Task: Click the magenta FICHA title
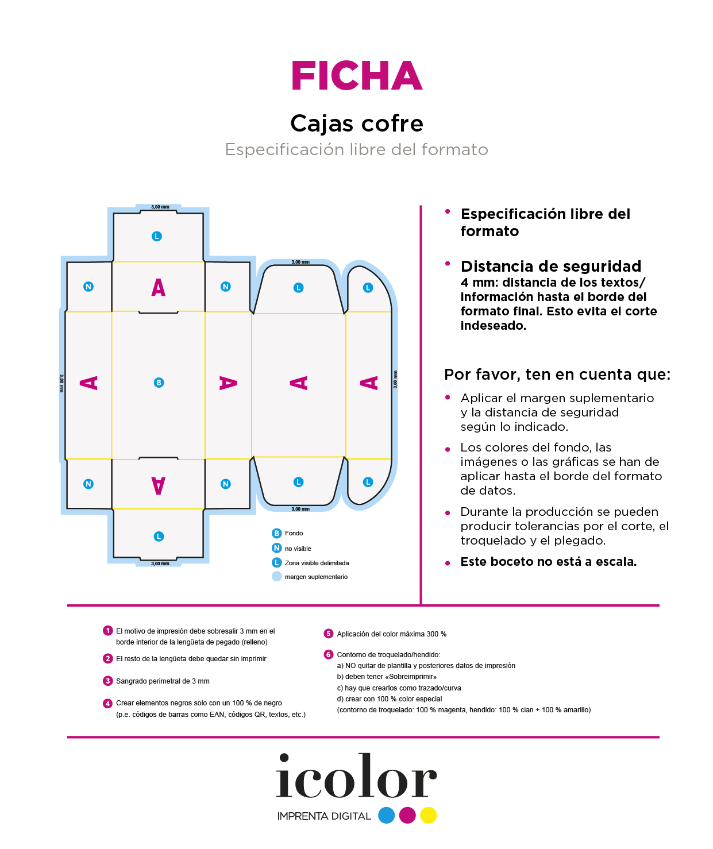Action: (357, 76)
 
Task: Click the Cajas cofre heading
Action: (357, 124)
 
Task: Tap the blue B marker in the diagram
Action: (159, 383)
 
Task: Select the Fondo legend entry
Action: (294, 533)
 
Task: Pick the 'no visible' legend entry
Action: (298, 549)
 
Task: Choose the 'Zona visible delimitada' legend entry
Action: (317, 563)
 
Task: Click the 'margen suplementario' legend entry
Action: (316, 577)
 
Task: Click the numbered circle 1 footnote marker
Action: (107, 631)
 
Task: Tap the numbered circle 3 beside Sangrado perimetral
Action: (107, 681)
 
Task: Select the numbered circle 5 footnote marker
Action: (329, 634)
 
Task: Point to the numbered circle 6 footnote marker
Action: (329, 654)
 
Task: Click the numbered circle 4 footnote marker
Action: (107, 703)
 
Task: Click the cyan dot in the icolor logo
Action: (387, 815)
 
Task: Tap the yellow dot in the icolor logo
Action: (429, 815)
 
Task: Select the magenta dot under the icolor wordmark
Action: (407, 815)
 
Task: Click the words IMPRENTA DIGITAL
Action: (324, 816)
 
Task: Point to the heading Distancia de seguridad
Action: (551, 267)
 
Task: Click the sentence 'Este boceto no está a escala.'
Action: (549, 562)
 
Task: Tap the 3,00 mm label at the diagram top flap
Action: (160, 207)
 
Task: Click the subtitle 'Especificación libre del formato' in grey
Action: (357, 149)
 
